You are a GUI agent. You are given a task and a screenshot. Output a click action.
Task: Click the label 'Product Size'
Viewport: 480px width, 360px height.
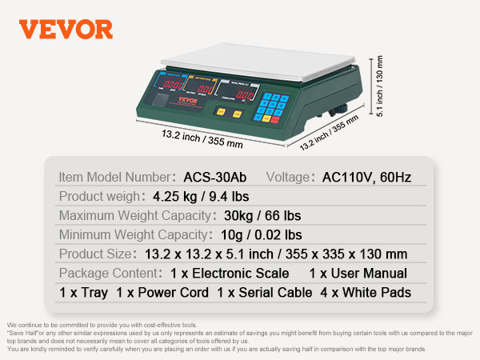click(93, 254)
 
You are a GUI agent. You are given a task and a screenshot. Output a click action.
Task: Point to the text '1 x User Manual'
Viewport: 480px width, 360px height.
click(358, 273)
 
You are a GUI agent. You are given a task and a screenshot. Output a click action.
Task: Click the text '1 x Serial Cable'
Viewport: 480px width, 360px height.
click(264, 292)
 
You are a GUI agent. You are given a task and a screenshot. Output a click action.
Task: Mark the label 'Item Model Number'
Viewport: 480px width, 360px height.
click(114, 177)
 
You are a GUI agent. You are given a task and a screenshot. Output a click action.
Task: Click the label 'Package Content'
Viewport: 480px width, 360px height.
click(105, 273)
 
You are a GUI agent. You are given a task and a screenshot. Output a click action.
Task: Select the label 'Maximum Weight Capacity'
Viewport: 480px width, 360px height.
click(134, 215)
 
